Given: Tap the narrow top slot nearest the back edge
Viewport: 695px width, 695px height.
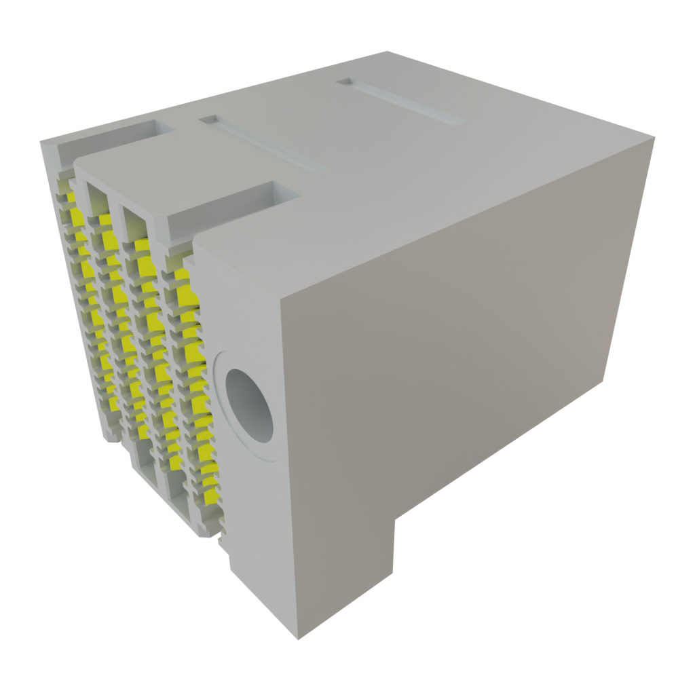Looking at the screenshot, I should pyautogui.click(x=400, y=102).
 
